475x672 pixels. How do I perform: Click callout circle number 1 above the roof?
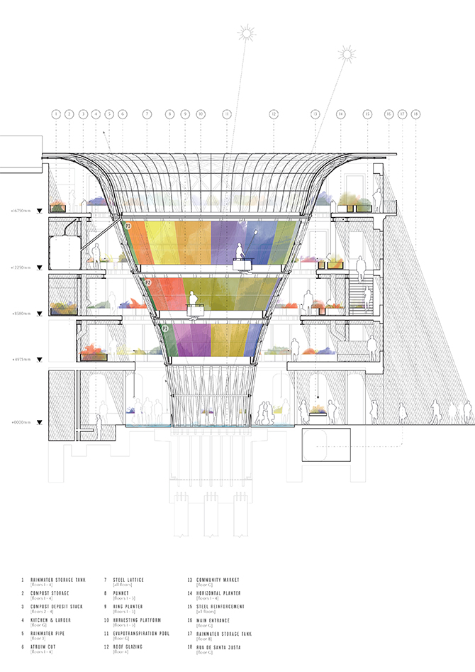[55, 114]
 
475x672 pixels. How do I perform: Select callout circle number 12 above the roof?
[273, 114]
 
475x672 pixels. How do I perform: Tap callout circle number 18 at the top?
[415, 114]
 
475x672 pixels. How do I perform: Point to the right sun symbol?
[346, 54]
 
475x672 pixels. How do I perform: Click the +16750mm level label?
[17, 210]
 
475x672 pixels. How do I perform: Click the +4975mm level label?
[17, 360]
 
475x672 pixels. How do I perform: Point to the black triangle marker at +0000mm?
[40, 424]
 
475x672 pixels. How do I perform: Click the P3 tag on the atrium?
[128, 226]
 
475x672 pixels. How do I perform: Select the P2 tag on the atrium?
[147, 282]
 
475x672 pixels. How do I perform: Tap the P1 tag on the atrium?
[164, 329]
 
